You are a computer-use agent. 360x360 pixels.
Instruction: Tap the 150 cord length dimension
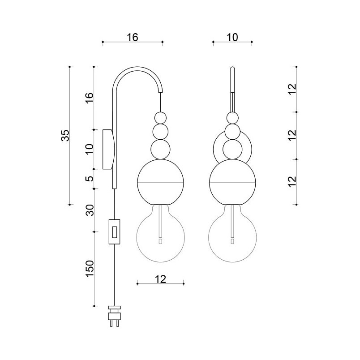tap(90, 268)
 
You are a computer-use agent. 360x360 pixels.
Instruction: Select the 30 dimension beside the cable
tap(90, 210)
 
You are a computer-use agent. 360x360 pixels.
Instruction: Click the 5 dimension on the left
tap(90, 179)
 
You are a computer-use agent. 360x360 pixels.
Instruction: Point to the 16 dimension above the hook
tap(133, 37)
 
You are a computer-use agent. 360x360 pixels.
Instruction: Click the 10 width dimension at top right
tap(232, 37)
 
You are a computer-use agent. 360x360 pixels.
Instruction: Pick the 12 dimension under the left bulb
tap(160, 279)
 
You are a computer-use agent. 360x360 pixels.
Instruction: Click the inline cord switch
tap(114, 231)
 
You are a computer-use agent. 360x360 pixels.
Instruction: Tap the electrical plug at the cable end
tap(114, 316)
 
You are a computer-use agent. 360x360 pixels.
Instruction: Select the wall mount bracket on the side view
tap(108, 150)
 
